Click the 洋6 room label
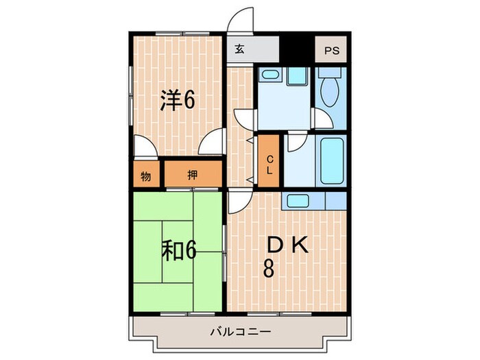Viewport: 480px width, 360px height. coord(178,99)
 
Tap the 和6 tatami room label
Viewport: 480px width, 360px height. coord(179,250)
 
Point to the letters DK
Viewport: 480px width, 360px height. coord(288,245)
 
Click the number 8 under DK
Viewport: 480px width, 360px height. coord(269,268)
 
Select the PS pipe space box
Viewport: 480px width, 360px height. coord(331,49)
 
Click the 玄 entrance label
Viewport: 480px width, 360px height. coord(240,49)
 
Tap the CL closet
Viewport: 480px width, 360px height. coord(269,160)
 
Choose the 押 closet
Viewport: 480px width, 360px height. coord(193,173)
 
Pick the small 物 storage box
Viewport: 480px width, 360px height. coord(146,174)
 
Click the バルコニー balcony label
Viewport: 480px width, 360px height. coord(241,331)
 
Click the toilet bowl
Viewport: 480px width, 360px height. coord(329,90)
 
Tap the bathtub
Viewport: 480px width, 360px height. coord(332,161)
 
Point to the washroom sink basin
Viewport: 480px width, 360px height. coord(269,74)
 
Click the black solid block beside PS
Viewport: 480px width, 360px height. coord(297,49)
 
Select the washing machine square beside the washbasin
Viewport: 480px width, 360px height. coord(297,76)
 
